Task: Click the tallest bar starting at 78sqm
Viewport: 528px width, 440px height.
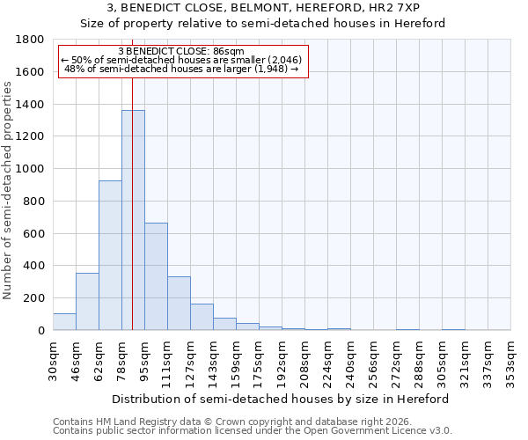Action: pyautogui.click(x=133, y=220)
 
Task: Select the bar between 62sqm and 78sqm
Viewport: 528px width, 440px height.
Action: pyautogui.click(x=110, y=255)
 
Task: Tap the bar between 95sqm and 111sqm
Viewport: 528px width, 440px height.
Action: pyautogui.click(x=156, y=276)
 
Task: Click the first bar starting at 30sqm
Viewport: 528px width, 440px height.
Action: pyautogui.click(x=64, y=322)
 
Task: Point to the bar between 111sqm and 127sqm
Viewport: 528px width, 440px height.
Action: pyautogui.click(x=179, y=304)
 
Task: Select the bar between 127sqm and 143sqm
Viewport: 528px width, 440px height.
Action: pyautogui.click(x=202, y=317)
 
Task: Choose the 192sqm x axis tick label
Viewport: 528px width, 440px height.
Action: pyautogui.click(x=282, y=360)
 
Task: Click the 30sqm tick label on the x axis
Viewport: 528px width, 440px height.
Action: pyautogui.click(x=53, y=360)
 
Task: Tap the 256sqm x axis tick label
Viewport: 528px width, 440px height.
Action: pyautogui.click(x=373, y=360)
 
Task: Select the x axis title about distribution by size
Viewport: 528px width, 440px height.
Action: pyautogui.click(x=281, y=399)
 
